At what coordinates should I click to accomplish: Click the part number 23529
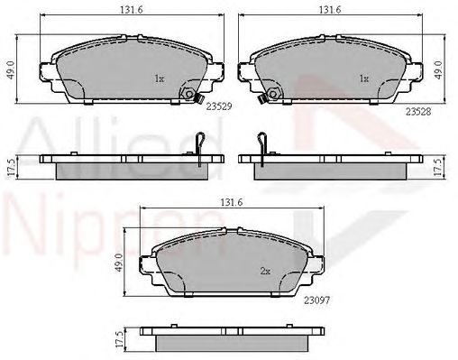coord(219,106)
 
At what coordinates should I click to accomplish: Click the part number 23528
coord(418,112)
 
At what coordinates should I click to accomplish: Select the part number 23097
coord(316,300)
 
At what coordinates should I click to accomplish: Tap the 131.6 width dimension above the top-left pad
coord(132,10)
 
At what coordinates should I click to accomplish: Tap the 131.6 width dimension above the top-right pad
coord(330,10)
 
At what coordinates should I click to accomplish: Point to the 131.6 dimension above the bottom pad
coord(232,202)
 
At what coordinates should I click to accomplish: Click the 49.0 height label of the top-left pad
coord(11,69)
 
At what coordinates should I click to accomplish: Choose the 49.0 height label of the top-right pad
coord(439,69)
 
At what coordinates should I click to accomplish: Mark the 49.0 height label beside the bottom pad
coord(119,263)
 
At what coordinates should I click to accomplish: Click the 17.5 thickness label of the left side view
coord(11,168)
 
